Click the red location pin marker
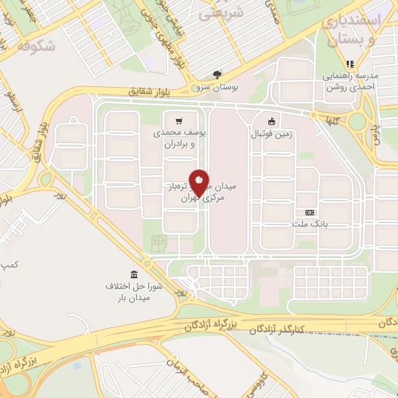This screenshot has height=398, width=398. pyautogui.click(x=199, y=183)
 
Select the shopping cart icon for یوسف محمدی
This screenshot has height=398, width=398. pyautogui.click(x=179, y=120)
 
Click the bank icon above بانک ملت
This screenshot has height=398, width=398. pyautogui.click(x=309, y=211)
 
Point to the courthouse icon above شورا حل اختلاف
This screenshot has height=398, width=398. pyautogui.click(x=135, y=275)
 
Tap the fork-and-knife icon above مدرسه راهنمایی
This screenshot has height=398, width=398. pyautogui.click(x=350, y=64)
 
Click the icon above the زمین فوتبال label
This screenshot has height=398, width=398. pyautogui.click(x=271, y=121)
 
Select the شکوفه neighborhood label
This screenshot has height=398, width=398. pyautogui.click(x=35, y=46)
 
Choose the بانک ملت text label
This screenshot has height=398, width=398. pyautogui.click(x=310, y=224)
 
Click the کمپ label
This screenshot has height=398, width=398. pyautogui.click(x=9, y=266)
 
